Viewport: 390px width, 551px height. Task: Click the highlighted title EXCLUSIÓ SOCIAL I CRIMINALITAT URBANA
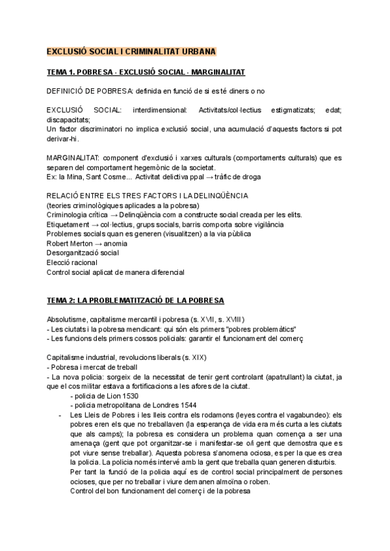(x=132, y=51)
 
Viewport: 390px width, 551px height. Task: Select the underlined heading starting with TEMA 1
(x=146, y=71)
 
